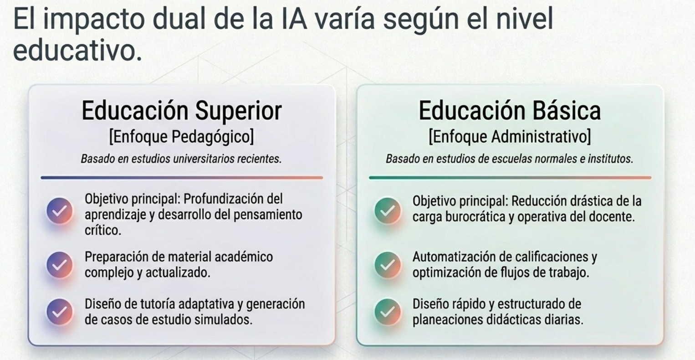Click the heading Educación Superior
point(182,111)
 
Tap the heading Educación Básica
point(510,111)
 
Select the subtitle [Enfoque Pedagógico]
point(182,136)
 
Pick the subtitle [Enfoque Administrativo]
point(510,136)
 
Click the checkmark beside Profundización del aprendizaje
point(60,211)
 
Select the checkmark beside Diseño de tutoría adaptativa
point(60,312)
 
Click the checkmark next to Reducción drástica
point(388,210)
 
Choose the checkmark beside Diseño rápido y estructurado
point(388,312)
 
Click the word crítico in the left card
point(103,230)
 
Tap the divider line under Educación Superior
point(182,178)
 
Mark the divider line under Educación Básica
point(510,178)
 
